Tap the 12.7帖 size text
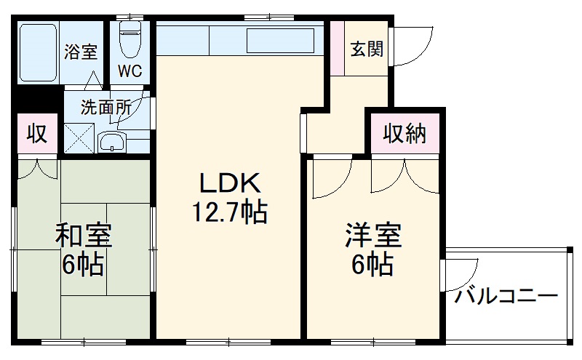(229, 212)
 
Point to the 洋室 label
(373, 236)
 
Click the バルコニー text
(506, 297)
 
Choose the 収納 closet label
(404, 134)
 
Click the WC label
(131, 72)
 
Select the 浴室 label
(80, 52)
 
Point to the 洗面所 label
(105, 107)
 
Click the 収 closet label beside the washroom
(37, 134)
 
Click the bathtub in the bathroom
(38, 52)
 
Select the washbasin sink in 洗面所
(111, 141)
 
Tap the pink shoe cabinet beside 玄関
(336, 48)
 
